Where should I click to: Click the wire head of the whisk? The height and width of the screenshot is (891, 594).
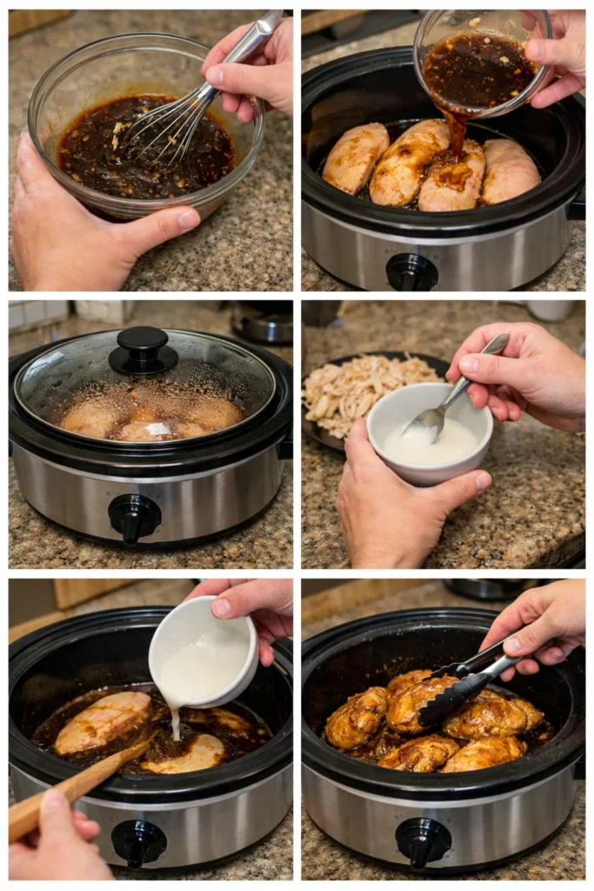(170, 126)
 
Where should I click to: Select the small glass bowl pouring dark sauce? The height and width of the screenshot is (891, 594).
(480, 61)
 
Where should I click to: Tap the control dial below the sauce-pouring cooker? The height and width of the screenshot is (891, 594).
(412, 271)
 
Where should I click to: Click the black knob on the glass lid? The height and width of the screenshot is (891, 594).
(143, 349)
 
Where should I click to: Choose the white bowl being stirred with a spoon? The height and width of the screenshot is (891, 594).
(429, 434)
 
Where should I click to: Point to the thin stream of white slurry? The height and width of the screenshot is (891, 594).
(175, 722)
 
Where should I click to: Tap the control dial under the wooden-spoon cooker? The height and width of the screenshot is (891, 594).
(138, 841)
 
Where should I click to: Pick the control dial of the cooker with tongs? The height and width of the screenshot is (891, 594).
(423, 841)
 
